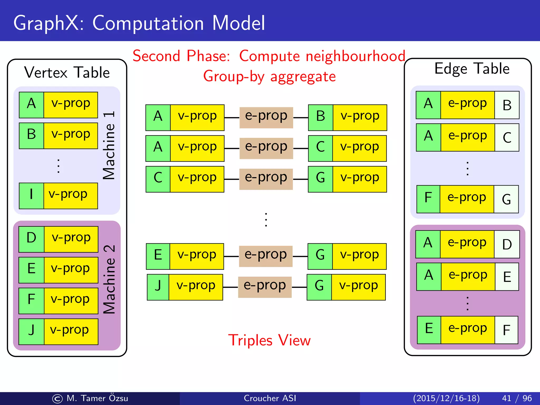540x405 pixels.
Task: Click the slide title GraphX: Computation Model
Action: click(x=139, y=23)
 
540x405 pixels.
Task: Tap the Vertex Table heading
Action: click(x=67, y=73)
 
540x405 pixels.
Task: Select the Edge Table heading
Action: click(x=472, y=69)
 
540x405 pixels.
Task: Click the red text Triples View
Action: click(x=269, y=340)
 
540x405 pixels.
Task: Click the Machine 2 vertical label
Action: click(x=109, y=279)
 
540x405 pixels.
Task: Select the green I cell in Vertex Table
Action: click(x=31, y=196)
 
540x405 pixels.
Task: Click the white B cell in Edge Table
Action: click(x=507, y=105)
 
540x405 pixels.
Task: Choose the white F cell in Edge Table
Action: click(x=506, y=330)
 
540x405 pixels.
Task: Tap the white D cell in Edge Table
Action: click(x=507, y=244)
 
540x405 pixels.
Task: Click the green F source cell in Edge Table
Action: click(x=428, y=199)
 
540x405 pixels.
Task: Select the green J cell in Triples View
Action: click(x=158, y=287)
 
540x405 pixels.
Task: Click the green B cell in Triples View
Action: click(x=321, y=118)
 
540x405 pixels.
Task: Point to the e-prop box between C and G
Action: click(x=266, y=179)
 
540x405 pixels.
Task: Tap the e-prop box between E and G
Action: click(x=266, y=256)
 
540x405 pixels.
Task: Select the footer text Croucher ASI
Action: click(x=270, y=398)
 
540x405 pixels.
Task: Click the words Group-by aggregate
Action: click(x=269, y=77)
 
